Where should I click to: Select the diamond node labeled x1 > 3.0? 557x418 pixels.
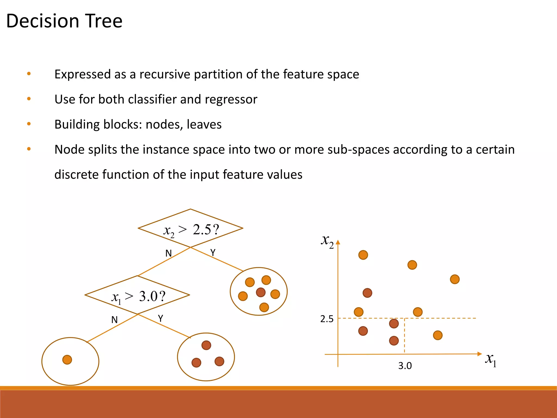click(137, 295)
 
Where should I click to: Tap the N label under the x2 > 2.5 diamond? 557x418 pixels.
click(169, 253)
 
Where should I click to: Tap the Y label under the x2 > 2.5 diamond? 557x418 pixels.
click(213, 253)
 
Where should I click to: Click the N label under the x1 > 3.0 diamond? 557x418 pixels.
click(115, 320)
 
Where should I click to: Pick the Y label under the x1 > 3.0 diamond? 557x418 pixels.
click(161, 318)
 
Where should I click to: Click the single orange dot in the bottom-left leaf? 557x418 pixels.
click(67, 360)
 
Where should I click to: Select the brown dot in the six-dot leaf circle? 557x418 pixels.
click(261, 293)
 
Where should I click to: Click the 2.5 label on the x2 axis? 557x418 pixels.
click(327, 319)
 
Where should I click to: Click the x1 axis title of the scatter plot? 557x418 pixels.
click(491, 360)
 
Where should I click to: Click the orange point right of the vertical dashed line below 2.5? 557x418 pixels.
click(438, 335)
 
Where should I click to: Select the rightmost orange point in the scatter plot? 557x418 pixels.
click(455, 279)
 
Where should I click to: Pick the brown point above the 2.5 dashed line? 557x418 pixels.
click(367, 293)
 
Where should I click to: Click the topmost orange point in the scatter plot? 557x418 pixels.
click(363, 255)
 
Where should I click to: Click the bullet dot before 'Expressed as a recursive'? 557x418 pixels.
click(29, 74)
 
